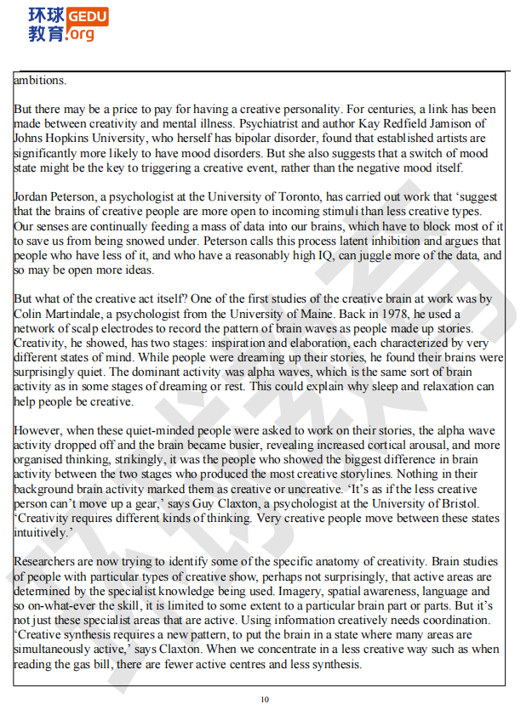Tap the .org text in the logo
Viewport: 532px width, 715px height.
click(x=81, y=34)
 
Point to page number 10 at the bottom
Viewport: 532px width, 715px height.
click(x=265, y=700)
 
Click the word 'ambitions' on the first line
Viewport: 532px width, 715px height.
click(x=39, y=81)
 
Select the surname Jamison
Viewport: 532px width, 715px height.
click(x=475, y=124)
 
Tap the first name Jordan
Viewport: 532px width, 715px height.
click(x=32, y=197)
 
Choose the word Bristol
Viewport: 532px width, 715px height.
click(x=478, y=503)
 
